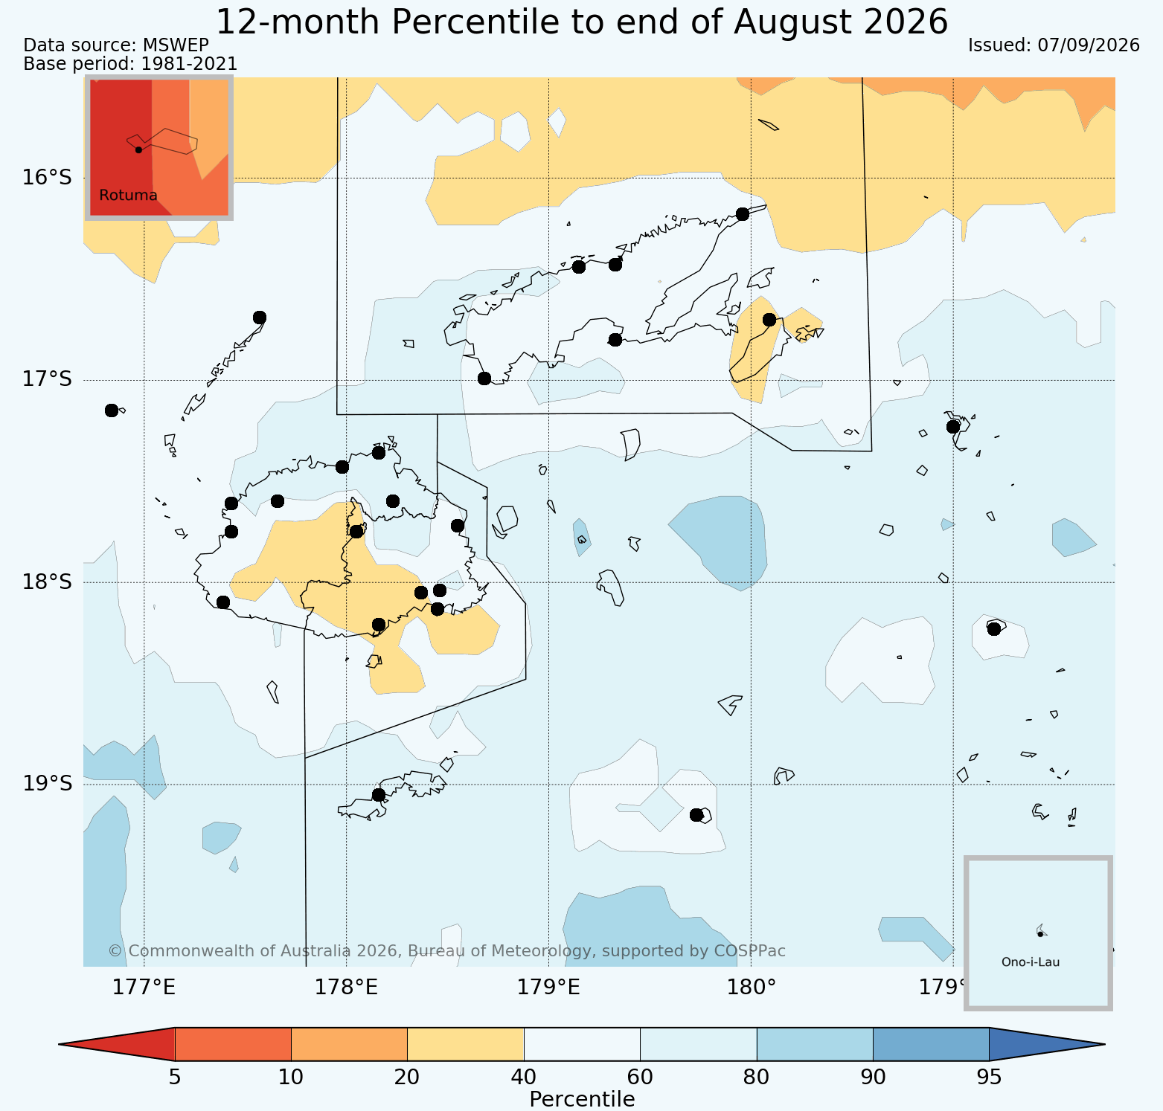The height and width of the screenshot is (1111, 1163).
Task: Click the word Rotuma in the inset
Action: [x=128, y=196]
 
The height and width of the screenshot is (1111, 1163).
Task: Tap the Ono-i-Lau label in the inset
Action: [x=1031, y=962]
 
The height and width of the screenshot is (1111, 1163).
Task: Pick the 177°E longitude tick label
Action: [x=144, y=988]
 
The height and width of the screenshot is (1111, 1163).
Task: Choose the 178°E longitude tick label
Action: [x=346, y=988]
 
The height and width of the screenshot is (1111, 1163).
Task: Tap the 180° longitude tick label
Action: [x=751, y=988]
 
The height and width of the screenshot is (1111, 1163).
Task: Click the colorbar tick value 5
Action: [x=175, y=1078]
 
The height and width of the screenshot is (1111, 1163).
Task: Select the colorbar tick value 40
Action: [x=524, y=1078]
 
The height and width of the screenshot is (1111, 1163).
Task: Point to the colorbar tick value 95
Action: [x=989, y=1078]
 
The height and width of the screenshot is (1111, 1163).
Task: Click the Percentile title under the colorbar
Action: [x=582, y=1099]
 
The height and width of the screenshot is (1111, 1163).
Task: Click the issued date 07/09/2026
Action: [x=1089, y=45]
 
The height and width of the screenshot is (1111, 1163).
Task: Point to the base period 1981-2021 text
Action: [x=189, y=65]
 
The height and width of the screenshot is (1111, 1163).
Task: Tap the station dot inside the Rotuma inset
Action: [x=138, y=149]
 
